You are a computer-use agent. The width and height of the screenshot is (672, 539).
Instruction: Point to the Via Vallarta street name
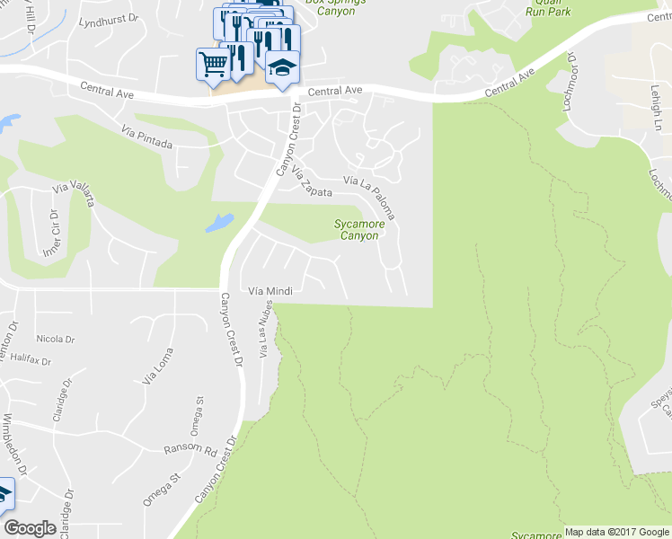[x=75, y=195]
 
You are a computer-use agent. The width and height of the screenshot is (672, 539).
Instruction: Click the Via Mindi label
[x=270, y=291]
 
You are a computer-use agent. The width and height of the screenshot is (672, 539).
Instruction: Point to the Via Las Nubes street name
[x=265, y=331]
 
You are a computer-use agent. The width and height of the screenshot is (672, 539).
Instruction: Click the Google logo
[x=30, y=528]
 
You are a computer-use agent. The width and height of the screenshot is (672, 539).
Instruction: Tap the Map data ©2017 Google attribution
[x=617, y=532]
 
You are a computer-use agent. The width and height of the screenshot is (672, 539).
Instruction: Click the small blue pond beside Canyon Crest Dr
[x=219, y=222]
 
